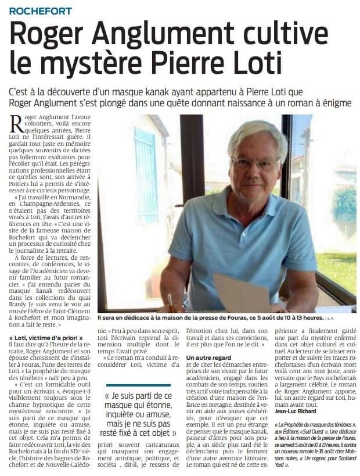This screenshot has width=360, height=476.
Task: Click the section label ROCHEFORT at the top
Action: pos(41,11)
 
